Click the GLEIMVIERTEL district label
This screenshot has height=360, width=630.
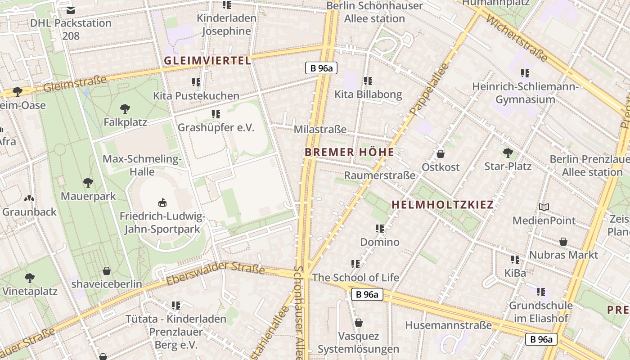(207, 61)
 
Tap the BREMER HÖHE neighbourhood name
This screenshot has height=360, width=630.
(349, 152)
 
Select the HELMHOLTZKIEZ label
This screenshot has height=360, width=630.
(442, 205)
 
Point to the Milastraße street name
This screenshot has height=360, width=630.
(320, 130)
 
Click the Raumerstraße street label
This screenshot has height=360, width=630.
(379, 175)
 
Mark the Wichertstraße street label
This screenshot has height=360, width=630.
(517, 40)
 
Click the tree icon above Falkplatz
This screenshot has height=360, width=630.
(125, 108)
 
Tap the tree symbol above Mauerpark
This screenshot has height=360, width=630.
(88, 183)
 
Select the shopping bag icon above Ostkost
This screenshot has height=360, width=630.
(441, 154)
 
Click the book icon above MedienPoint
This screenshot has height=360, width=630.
(544, 207)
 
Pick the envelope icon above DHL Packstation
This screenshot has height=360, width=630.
(71, 10)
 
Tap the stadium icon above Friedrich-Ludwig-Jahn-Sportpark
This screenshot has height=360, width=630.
(162, 203)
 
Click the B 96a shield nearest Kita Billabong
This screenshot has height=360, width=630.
(321, 68)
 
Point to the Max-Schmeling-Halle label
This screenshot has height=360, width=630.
(142, 165)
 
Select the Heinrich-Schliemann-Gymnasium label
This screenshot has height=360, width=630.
(525, 93)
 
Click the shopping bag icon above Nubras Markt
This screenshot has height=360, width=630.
(563, 242)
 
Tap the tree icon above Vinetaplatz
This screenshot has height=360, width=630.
(30, 278)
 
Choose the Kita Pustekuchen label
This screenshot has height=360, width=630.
(196, 96)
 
